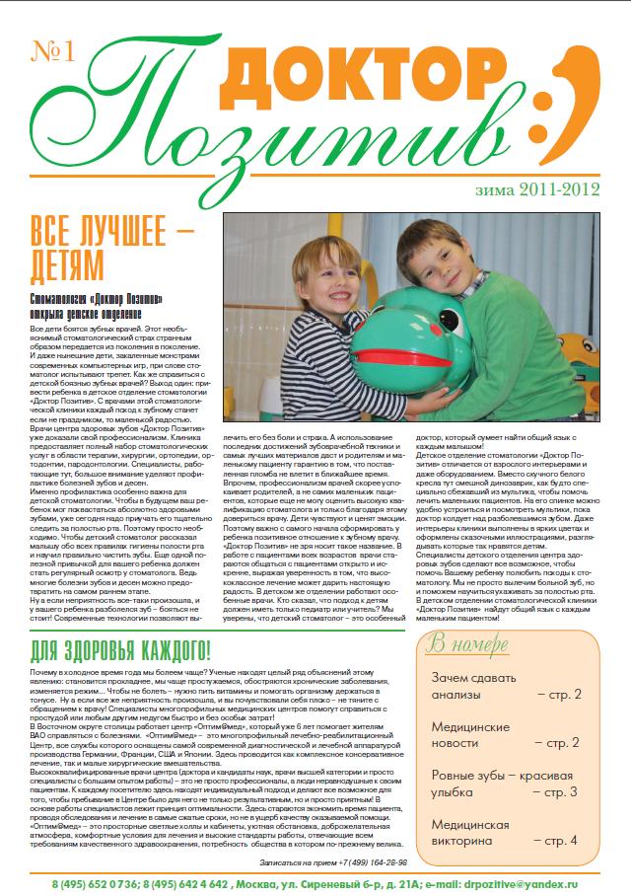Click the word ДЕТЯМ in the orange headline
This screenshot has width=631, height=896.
tap(67, 263)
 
